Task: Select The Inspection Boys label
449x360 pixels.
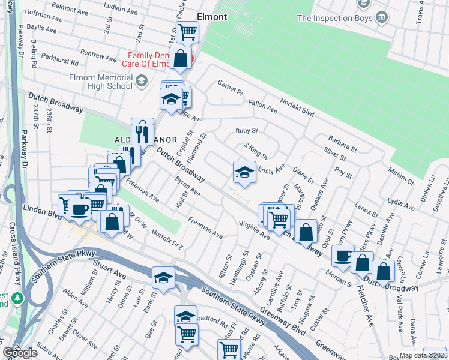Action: [x=334, y=18]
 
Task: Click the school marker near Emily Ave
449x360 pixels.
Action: [x=244, y=173]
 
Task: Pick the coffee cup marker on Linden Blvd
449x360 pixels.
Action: [x=79, y=209]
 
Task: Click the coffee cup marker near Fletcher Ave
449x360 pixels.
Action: [x=343, y=256]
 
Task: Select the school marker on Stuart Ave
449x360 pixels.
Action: [x=163, y=277]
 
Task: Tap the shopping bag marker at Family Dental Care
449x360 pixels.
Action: [x=180, y=58]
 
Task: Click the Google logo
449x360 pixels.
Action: [x=20, y=353]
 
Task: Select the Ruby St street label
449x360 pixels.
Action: [x=246, y=131]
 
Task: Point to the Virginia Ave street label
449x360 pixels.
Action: [x=255, y=232]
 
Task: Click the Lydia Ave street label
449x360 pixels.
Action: [x=402, y=202]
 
